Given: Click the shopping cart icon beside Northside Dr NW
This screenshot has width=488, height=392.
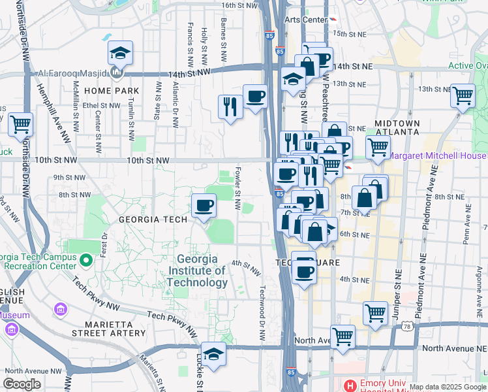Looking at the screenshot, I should click(20, 122).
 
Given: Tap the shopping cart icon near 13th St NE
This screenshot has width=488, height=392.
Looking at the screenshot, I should click(463, 95).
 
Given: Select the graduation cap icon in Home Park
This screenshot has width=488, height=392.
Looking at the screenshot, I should click(119, 53).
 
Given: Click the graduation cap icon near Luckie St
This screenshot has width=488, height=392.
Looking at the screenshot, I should click(213, 353).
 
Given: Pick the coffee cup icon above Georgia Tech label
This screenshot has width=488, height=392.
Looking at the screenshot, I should click(204, 205).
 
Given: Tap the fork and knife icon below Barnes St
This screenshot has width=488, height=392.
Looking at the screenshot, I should click(230, 106).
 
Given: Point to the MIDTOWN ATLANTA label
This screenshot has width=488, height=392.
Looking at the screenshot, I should click(397, 127).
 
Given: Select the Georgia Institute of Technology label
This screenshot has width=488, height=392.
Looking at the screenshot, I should click(197, 270).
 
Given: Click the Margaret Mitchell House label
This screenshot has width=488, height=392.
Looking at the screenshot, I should click(438, 155).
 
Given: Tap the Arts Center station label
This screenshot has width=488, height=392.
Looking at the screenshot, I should click(305, 20).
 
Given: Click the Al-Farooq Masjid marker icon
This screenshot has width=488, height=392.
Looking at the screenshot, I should click(116, 72).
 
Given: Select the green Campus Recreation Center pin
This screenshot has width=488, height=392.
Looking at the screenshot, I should click(85, 261).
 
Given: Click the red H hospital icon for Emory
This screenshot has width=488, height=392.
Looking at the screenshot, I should click(350, 385).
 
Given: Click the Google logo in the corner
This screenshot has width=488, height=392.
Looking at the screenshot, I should click(22, 384).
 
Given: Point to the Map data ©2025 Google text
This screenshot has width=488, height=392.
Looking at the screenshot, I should click(448, 387).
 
